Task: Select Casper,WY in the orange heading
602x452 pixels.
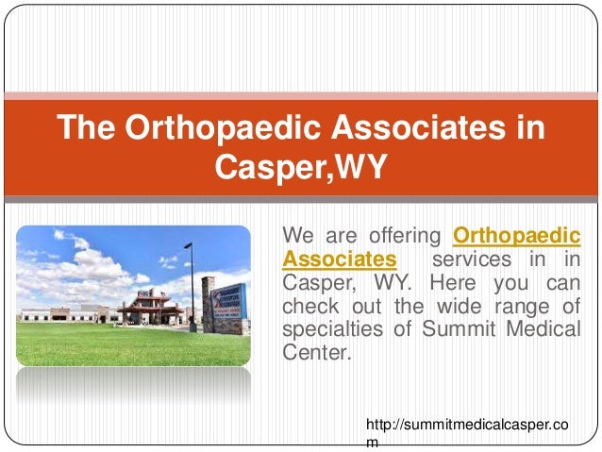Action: [x=301, y=167]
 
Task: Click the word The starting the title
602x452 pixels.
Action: [x=91, y=126]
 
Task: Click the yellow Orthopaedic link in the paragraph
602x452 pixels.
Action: [x=517, y=234]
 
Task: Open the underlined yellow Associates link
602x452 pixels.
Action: [x=339, y=258]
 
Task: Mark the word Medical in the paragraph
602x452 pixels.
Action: [x=546, y=329]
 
